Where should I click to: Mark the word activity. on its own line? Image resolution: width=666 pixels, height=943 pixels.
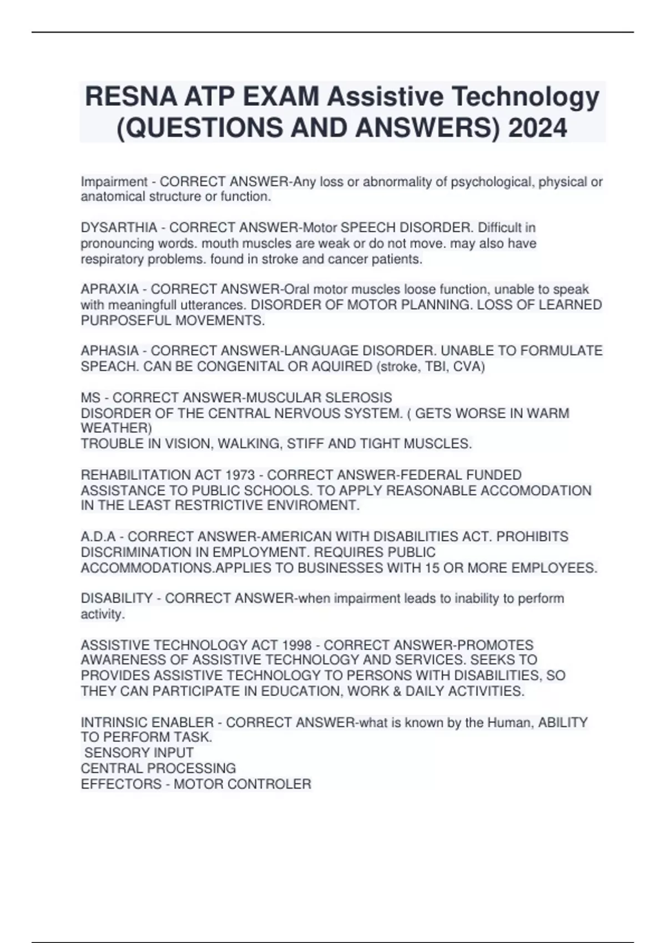point(103,614)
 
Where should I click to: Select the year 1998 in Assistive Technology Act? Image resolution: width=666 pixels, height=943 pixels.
point(297,645)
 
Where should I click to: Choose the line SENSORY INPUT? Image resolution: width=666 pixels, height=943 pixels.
point(139,753)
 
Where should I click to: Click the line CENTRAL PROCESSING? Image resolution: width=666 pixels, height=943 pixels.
point(158,768)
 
